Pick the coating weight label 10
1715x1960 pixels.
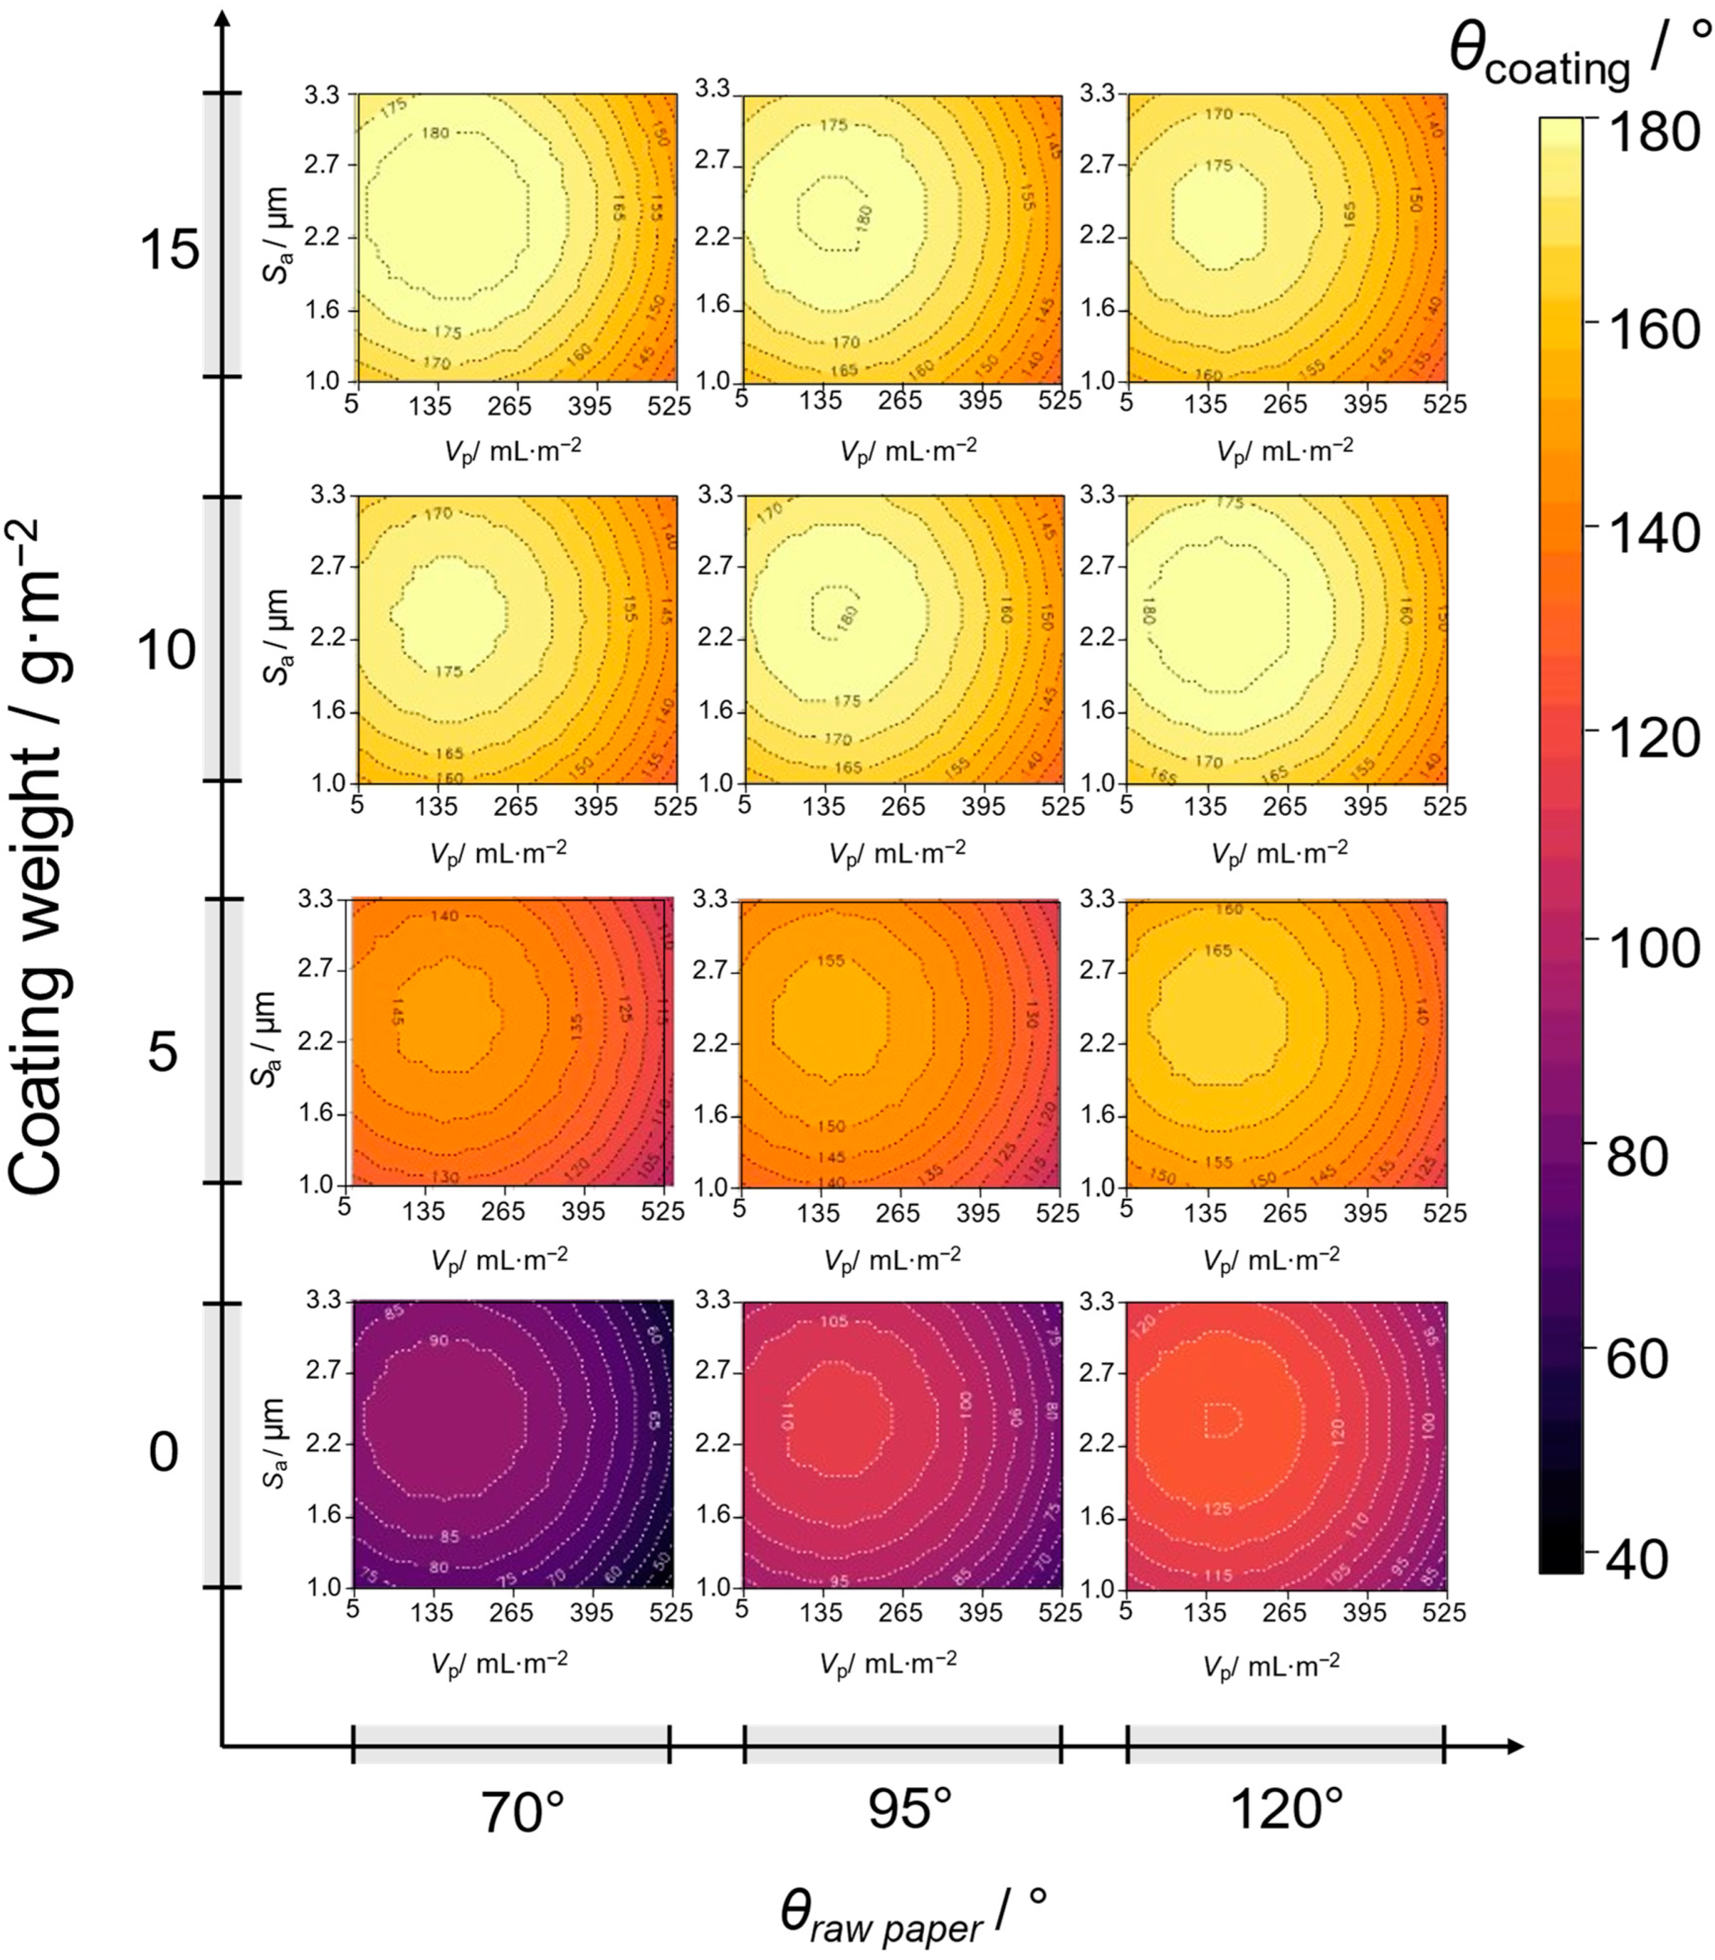167,651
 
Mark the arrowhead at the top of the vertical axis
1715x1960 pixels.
224,21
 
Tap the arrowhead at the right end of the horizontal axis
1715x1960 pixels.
1514,1747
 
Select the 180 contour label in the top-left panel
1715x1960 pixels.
436,133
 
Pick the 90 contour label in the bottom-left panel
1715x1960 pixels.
438,1341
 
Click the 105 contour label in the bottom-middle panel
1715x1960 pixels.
833,1322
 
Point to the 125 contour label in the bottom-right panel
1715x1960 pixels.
1217,1508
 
